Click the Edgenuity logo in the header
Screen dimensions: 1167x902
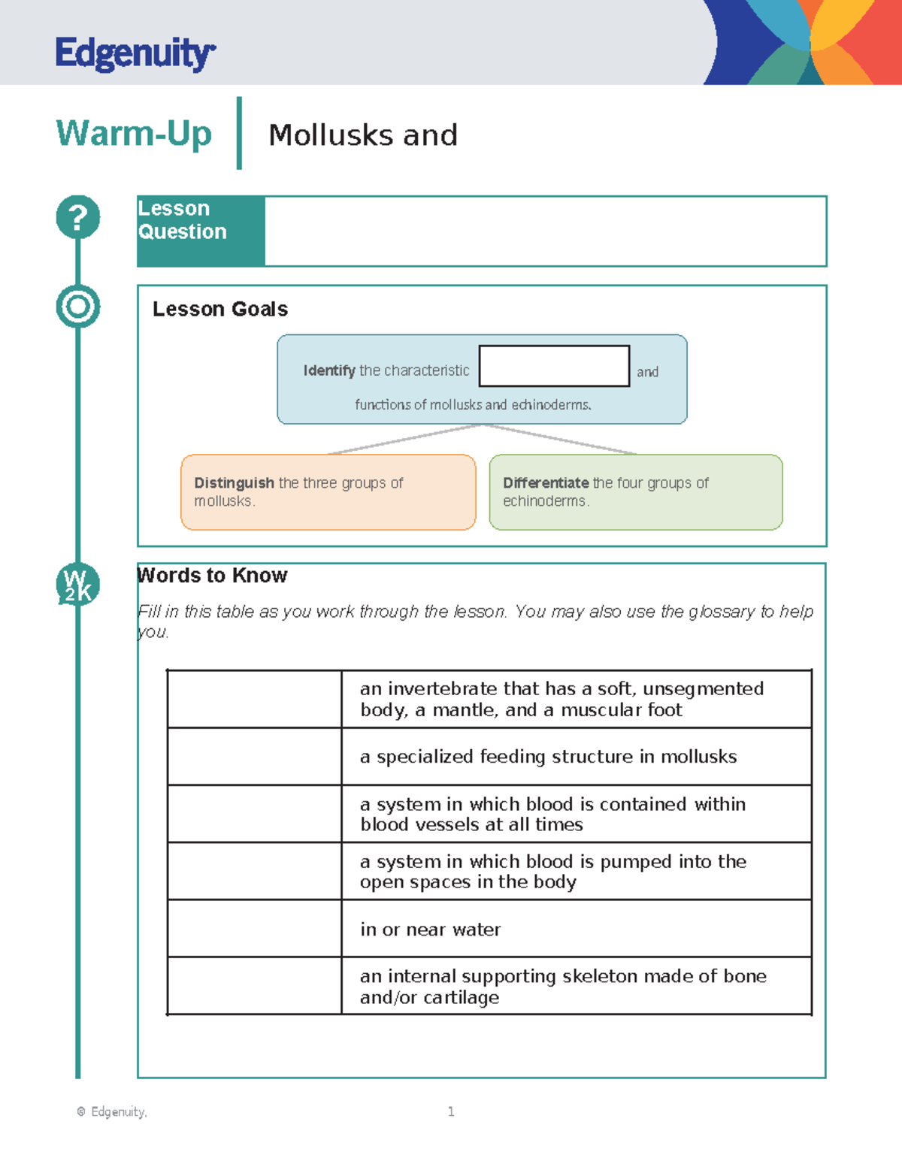click(x=135, y=53)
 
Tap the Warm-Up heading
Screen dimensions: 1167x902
click(x=134, y=134)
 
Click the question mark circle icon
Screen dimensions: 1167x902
click(x=77, y=217)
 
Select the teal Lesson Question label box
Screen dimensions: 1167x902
click(x=201, y=231)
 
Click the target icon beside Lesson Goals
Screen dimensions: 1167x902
click(x=77, y=307)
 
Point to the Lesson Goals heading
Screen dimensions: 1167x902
click(x=219, y=309)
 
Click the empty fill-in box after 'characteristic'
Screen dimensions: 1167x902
click(x=554, y=366)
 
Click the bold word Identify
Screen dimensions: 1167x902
click(x=328, y=370)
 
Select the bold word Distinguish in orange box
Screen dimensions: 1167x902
click(x=234, y=483)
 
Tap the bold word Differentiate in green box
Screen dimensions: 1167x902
click(x=546, y=483)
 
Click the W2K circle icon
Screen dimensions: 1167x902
click(x=77, y=585)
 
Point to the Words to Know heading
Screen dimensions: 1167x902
click(x=212, y=576)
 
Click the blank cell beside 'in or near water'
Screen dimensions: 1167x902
click(x=254, y=928)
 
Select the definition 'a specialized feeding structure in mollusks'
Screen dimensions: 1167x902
click(x=548, y=757)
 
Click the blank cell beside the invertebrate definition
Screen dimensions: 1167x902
click(x=254, y=699)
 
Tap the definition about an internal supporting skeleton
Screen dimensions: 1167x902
click(x=562, y=986)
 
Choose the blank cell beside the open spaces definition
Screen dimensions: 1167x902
click(x=254, y=871)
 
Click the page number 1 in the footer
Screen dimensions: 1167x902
click(x=451, y=1111)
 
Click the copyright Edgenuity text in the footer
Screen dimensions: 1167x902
click(x=112, y=1111)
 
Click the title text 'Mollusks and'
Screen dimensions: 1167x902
click(x=363, y=135)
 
